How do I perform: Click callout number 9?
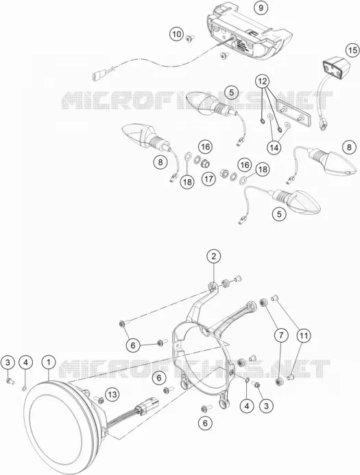(x=261, y=8)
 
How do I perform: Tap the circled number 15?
(x=352, y=50)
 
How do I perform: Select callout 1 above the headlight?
(x=49, y=362)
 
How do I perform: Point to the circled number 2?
(x=214, y=257)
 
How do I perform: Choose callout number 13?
(x=112, y=395)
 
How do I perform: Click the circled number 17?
(x=208, y=179)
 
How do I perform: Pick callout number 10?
(x=176, y=34)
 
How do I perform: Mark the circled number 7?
(x=281, y=336)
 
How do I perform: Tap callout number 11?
(x=304, y=336)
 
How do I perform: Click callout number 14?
(x=274, y=148)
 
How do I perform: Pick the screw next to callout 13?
(x=99, y=400)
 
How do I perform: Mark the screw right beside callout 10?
(x=190, y=38)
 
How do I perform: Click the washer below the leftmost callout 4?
(x=25, y=388)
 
